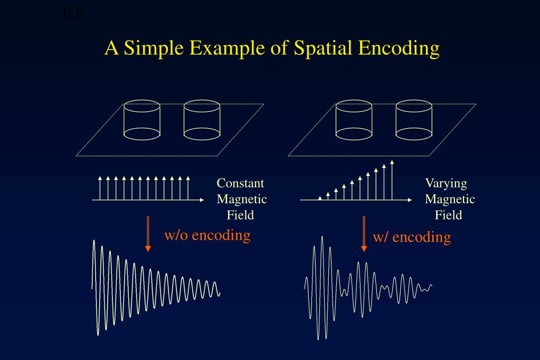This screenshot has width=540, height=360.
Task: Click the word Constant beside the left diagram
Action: (x=241, y=184)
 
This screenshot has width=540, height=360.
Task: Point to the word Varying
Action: (x=446, y=184)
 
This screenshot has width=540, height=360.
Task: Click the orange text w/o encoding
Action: (x=207, y=235)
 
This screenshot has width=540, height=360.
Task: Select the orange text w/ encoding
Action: (x=412, y=236)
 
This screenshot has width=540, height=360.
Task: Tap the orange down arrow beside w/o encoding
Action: (x=148, y=233)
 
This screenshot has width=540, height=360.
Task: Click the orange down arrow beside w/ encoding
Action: (x=364, y=233)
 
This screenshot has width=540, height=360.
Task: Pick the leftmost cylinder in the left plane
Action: (x=142, y=120)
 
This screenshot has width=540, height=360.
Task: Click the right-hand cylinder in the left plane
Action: (x=202, y=120)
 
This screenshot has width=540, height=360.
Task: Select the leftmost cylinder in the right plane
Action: (x=354, y=120)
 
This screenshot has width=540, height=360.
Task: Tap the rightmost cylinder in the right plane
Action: (x=414, y=120)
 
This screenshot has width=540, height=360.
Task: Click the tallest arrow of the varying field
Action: (x=392, y=179)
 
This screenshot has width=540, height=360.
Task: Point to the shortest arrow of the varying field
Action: (x=320, y=198)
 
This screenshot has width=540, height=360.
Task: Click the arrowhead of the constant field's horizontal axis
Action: (x=201, y=200)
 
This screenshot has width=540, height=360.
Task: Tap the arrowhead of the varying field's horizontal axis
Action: (x=410, y=200)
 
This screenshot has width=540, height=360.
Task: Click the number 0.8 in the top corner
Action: (x=73, y=12)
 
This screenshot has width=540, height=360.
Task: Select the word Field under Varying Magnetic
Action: (x=449, y=215)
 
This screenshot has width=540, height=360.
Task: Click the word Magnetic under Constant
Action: (x=242, y=200)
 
